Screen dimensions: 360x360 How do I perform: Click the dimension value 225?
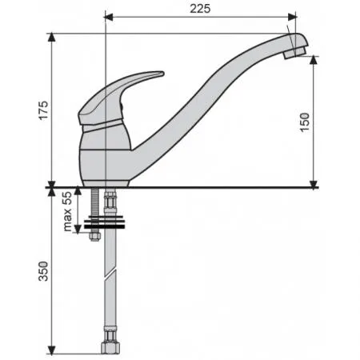[x=200, y=9]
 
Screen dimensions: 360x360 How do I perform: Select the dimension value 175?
[x=44, y=110]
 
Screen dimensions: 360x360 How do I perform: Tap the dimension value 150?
[x=305, y=122]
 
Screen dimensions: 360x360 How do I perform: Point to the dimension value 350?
[x=44, y=271]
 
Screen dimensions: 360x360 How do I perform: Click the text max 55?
[x=67, y=211]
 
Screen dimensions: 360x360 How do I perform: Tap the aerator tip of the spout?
[x=294, y=53]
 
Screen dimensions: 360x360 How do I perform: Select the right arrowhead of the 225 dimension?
[x=292, y=18]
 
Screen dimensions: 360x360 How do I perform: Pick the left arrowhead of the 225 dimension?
[x=109, y=18]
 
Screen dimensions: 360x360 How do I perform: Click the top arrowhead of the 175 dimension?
[x=51, y=38]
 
